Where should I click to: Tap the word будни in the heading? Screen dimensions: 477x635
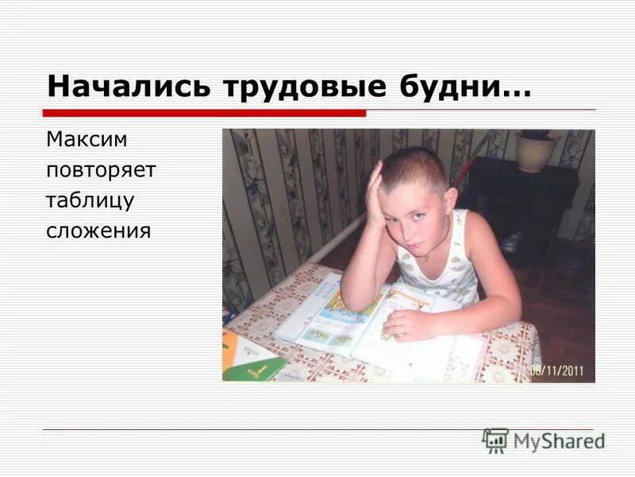[448, 86]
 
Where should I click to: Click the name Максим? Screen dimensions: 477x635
[87, 140]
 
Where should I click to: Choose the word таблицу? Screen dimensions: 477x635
[90, 201]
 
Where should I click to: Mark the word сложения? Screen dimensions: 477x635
[98, 231]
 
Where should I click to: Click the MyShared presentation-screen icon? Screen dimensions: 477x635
[495, 440]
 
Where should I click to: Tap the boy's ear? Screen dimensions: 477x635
[450, 200]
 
